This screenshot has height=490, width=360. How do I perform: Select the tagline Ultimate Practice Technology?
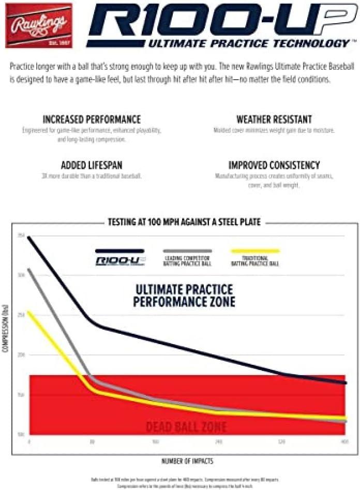249,43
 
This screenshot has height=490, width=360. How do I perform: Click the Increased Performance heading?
92,120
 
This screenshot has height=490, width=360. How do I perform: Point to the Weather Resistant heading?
274,120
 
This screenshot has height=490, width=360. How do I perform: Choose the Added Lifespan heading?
92,166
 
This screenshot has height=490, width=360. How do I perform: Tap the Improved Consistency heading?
274,166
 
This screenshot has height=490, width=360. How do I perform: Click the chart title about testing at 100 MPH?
184,222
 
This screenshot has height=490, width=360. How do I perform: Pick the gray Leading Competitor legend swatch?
187,251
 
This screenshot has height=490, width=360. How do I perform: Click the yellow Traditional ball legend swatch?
255,251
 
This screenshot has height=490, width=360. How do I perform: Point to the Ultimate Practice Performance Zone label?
184,295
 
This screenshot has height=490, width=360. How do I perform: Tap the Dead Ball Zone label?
186,427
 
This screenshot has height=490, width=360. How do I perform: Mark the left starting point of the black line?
28,237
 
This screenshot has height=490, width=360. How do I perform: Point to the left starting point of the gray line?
28,269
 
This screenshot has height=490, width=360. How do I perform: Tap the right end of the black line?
345,383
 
